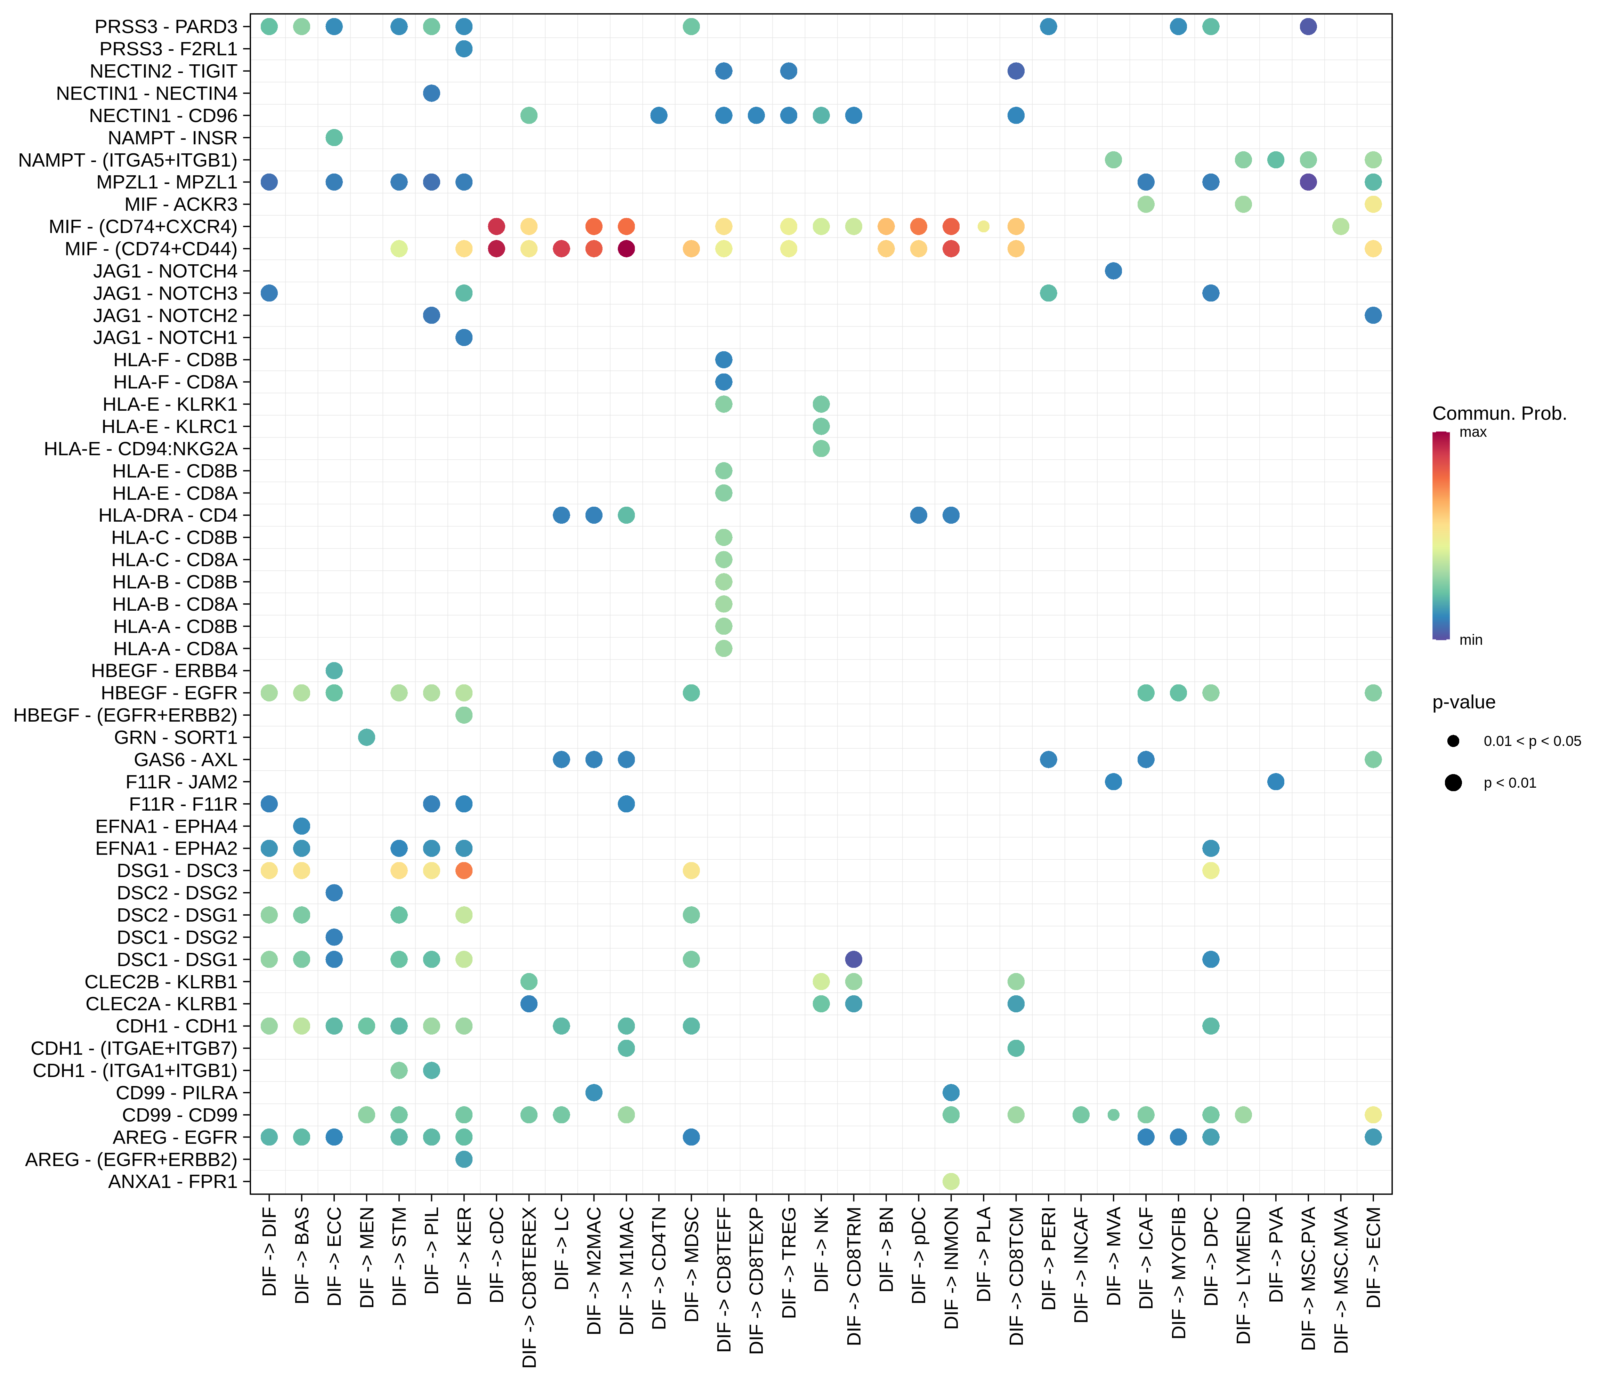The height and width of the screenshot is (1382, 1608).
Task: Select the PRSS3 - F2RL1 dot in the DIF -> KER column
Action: (464, 49)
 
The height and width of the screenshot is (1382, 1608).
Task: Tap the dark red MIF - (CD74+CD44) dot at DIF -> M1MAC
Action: (626, 248)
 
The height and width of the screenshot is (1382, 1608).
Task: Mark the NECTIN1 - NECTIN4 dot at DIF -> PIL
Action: (431, 93)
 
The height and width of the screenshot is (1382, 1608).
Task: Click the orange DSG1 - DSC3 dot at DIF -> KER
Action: (464, 870)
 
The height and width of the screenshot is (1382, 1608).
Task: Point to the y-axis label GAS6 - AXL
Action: (185, 760)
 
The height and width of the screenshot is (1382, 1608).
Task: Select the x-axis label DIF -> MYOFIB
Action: (1179, 1273)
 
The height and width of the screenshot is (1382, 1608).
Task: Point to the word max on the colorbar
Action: (1473, 433)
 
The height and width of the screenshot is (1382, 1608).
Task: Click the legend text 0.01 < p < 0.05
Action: (1532, 741)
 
